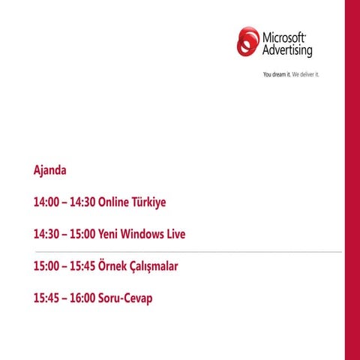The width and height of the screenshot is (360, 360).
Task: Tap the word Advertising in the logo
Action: (286, 51)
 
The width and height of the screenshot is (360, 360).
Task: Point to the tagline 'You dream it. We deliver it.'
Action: (290, 75)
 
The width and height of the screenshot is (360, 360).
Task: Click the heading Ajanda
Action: (50, 170)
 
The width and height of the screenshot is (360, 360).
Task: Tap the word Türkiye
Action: (149, 202)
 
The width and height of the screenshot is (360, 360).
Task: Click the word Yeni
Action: (110, 235)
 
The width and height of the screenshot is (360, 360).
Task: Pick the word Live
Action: (175, 235)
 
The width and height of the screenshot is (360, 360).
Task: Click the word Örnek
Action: (114, 266)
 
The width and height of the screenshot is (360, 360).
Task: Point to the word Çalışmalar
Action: (155, 267)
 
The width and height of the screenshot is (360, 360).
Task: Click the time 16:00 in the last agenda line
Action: (82, 298)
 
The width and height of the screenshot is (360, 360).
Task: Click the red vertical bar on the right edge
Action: (352, 180)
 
